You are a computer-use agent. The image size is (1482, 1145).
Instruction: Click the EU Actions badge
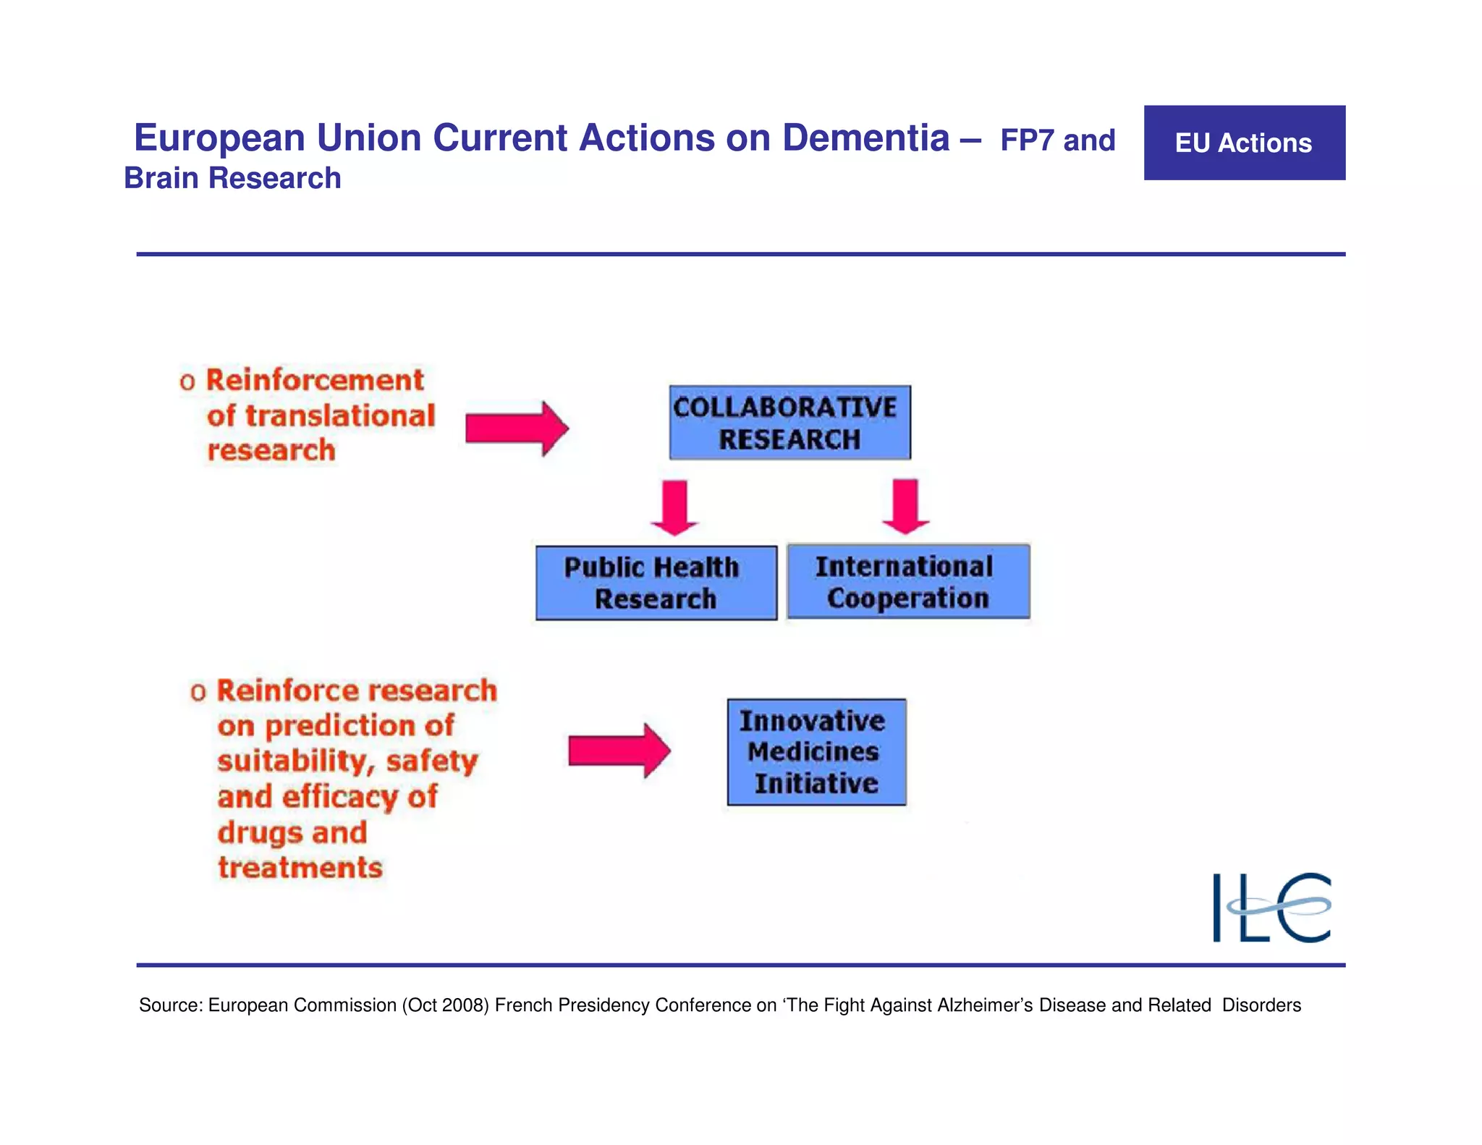click(x=1244, y=143)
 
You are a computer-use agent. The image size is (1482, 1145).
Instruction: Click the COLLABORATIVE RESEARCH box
click(x=789, y=423)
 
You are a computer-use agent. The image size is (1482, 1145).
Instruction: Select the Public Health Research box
click(x=656, y=583)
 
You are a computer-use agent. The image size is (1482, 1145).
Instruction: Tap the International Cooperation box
click(x=908, y=581)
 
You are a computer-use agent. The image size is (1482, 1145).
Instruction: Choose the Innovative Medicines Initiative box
click(x=816, y=752)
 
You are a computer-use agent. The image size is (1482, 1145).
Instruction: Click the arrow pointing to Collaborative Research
click(x=516, y=428)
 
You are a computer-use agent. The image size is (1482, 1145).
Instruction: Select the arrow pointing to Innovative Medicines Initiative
click(x=619, y=751)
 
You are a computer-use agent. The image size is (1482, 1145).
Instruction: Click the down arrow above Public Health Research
click(x=674, y=507)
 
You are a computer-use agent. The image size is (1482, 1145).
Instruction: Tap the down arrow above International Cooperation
click(x=906, y=506)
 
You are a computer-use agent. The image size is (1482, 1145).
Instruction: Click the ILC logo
click(x=1271, y=907)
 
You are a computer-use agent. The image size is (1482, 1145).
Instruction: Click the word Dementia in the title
click(x=865, y=138)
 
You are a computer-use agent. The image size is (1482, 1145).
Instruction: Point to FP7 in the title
click(x=1027, y=140)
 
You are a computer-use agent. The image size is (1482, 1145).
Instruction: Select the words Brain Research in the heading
click(x=232, y=178)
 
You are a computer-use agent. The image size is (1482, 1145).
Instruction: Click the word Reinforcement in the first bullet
click(x=315, y=380)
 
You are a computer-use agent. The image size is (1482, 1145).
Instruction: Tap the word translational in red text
click(x=340, y=415)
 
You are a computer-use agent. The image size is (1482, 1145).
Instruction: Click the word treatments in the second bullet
click(x=300, y=867)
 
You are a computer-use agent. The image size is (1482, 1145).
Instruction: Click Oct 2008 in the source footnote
click(x=446, y=1005)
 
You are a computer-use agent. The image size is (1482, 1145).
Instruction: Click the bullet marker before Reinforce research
click(x=198, y=693)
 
